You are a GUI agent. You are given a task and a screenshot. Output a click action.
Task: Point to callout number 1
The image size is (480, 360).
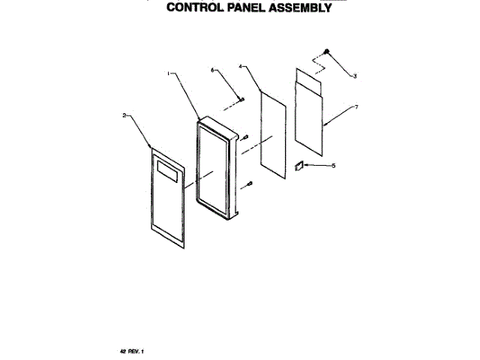point(169,73)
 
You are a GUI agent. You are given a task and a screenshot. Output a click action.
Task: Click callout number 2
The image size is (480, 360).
point(124,115)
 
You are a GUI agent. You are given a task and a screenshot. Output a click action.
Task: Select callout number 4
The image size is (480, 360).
point(241,67)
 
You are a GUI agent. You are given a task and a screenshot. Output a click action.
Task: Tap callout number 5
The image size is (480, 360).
point(334,166)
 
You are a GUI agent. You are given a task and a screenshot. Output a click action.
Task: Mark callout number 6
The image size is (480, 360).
point(212,70)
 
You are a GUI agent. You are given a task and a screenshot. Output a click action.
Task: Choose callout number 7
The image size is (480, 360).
point(355,107)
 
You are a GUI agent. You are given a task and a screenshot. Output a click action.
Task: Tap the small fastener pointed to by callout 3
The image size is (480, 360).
point(328,51)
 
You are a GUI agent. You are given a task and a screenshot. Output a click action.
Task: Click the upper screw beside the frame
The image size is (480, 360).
point(245,136)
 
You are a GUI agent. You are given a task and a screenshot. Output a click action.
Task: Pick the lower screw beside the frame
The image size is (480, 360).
point(250,182)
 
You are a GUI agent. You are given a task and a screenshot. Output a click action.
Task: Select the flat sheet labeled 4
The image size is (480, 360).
point(274,135)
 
